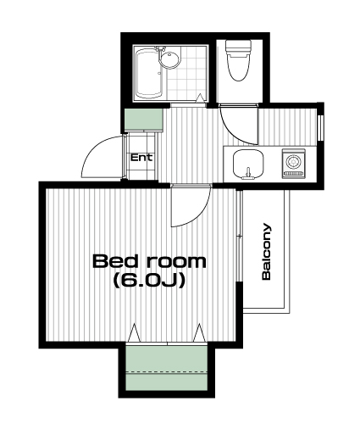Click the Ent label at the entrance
[x=141, y=157]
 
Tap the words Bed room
[x=149, y=261]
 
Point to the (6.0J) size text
[x=149, y=281]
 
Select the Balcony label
[x=266, y=252]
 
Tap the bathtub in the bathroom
[x=149, y=73]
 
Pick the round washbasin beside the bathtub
[x=169, y=59]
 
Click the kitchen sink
[x=248, y=165]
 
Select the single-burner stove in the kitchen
[x=293, y=164]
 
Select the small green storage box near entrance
[x=144, y=120]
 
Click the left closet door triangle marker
[x=134, y=333]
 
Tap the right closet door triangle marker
[x=199, y=333]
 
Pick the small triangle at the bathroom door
[x=200, y=98]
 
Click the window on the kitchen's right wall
[x=320, y=127]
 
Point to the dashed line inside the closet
[x=167, y=371]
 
